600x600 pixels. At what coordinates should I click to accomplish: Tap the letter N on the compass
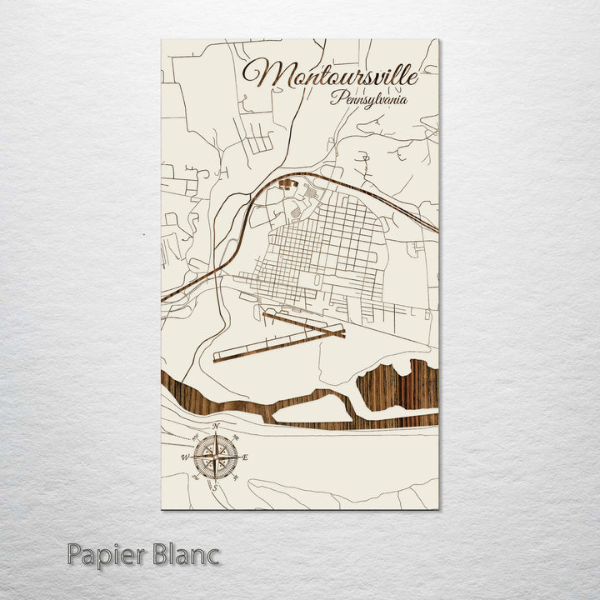click(x=216, y=427)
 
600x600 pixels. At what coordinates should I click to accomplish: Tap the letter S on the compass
click(x=215, y=486)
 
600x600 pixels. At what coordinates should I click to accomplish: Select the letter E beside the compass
click(x=247, y=457)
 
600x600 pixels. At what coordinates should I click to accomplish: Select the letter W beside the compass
click(x=184, y=457)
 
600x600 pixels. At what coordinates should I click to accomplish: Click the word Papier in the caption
click(x=107, y=553)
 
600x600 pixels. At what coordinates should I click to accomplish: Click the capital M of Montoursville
click(x=260, y=73)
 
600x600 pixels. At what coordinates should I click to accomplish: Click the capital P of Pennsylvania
click(x=334, y=97)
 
